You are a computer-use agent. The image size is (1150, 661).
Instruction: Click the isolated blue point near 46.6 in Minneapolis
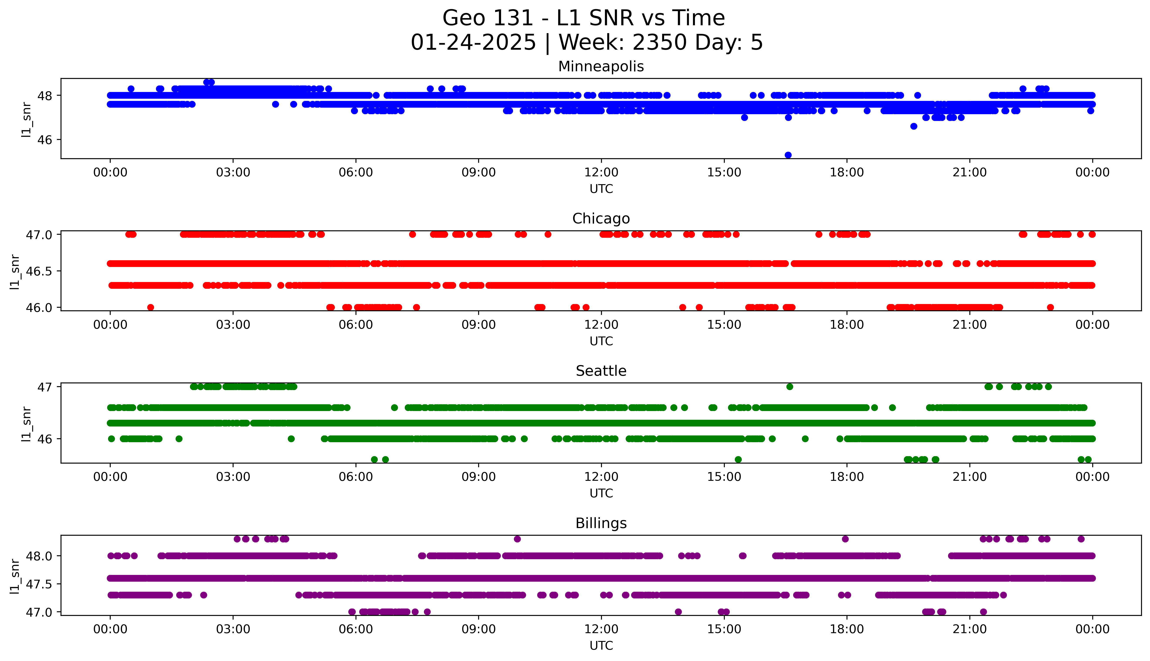[x=914, y=126]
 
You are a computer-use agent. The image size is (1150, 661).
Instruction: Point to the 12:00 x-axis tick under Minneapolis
[x=601, y=173]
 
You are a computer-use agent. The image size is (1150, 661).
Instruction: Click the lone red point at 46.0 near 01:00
[x=151, y=307]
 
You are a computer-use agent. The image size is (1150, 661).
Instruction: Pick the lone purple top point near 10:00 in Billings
[x=517, y=539]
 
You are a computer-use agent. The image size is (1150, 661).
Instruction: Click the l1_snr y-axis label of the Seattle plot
[x=26, y=424]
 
